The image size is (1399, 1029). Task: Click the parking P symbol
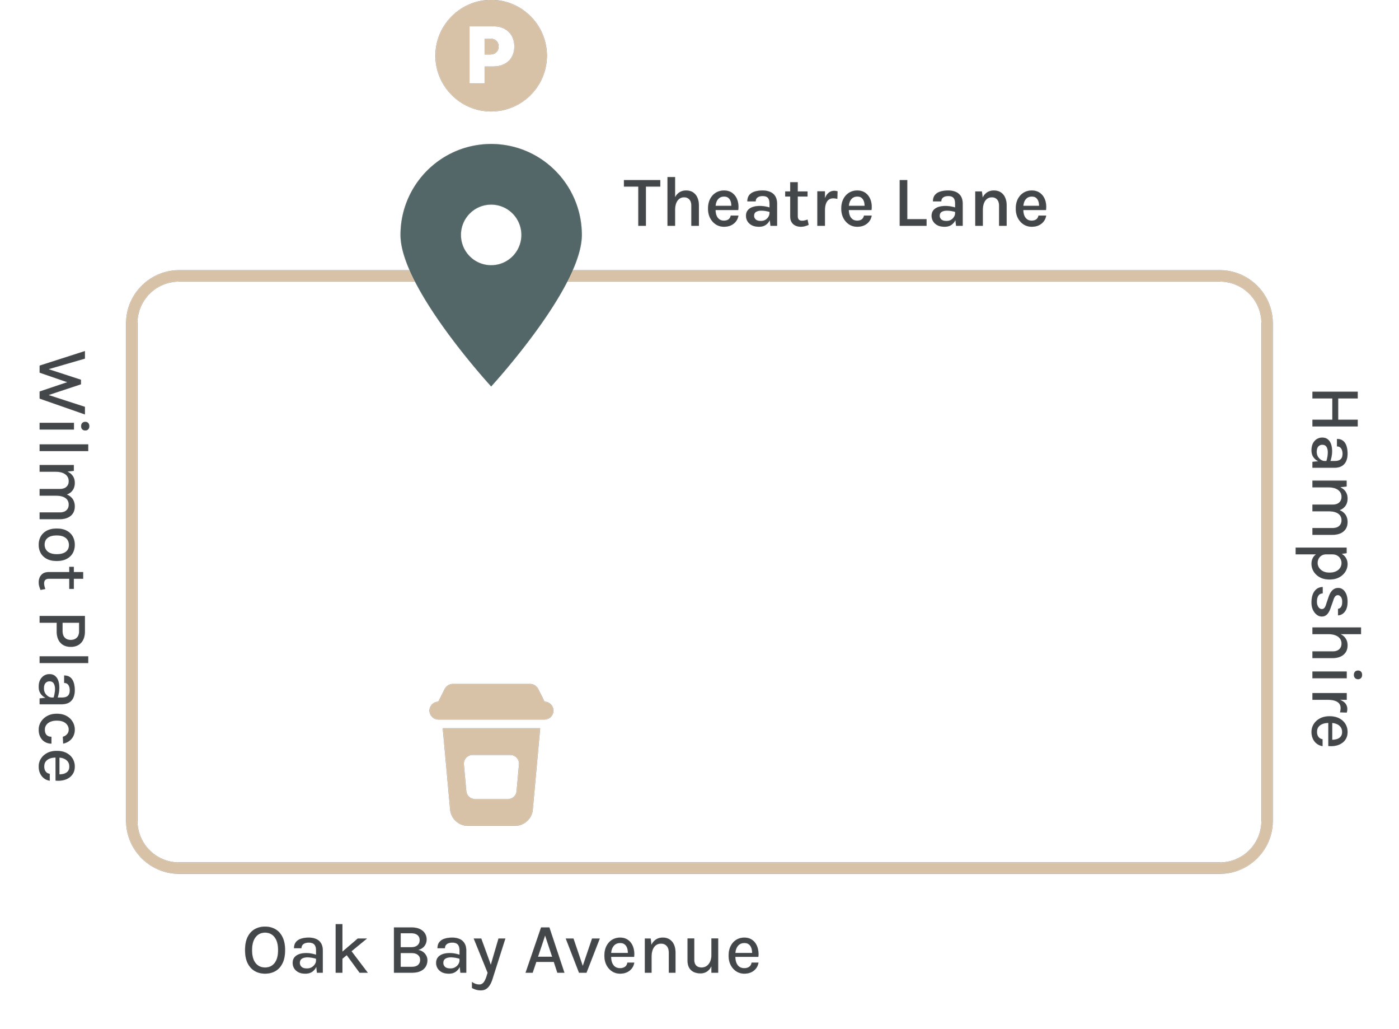(491, 55)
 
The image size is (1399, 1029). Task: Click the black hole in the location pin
(491, 235)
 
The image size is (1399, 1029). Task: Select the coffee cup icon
(491, 755)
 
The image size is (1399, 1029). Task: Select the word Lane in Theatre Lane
(972, 204)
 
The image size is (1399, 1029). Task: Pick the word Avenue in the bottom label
(642, 951)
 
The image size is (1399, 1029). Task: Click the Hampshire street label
(1333, 569)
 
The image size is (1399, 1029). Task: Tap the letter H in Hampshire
(1333, 409)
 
